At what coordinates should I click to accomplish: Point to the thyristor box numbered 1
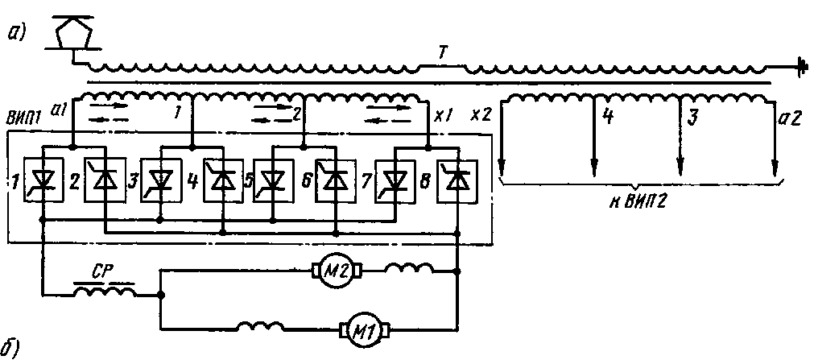click(40, 184)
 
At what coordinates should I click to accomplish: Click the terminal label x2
click(481, 115)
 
